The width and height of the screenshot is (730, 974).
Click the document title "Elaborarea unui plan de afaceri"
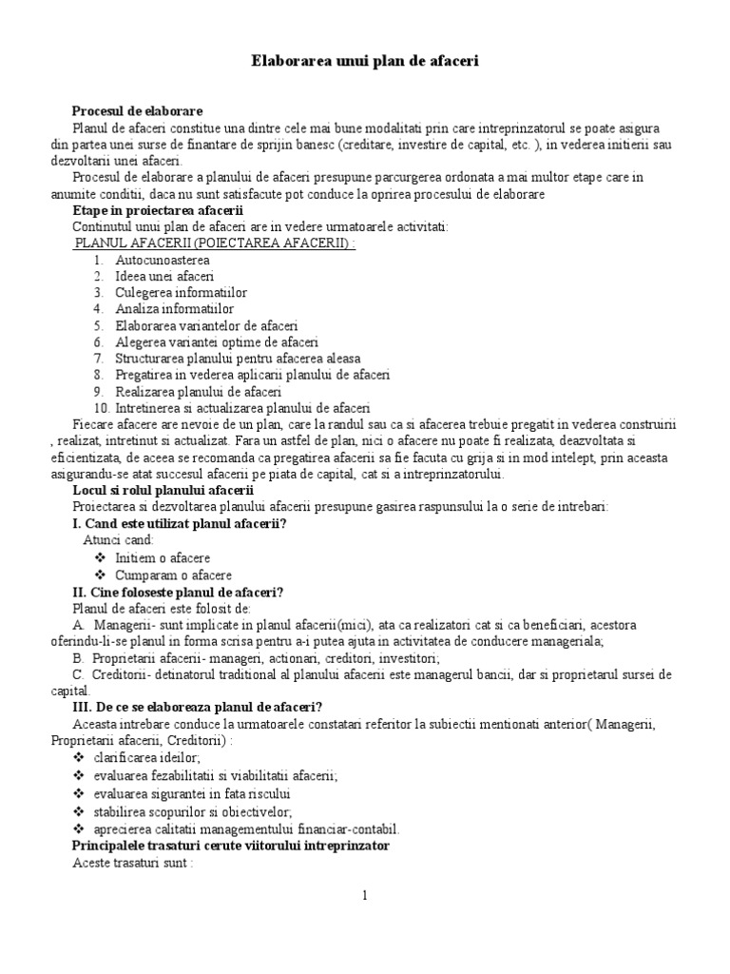pyautogui.click(x=365, y=61)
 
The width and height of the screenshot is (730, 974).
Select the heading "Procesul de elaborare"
pyautogui.click(x=137, y=111)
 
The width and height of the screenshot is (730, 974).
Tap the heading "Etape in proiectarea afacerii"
pyautogui.click(x=158, y=210)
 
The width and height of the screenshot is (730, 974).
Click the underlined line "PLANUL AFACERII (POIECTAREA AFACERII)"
pyautogui.click(x=215, y=243)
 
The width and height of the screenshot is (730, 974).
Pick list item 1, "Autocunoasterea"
pyautogui.click(x=163, y=260)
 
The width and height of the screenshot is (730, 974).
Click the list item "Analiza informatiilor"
pyautogui.click(x=174, y=309)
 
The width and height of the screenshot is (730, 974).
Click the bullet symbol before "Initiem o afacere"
pyautogui.click(x=101, y=557)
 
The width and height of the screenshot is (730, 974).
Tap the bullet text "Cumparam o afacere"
pyautogui.click(x=173, y=575)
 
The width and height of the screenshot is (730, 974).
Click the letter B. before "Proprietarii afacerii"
pyautogui.click(x=78, y=657)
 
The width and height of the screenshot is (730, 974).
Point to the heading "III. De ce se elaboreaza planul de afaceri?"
pyautogui.click(x=198, y=706)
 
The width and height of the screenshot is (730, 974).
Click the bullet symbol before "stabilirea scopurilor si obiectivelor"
pyautogui.click(x=78, y=811)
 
